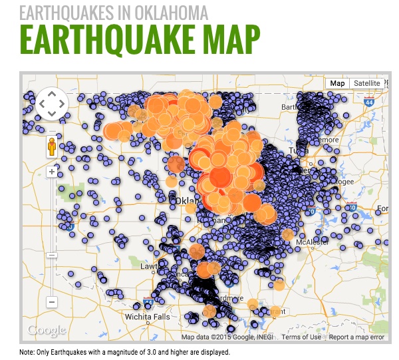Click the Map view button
(x=338, y=83)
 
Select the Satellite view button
(x=367, y=83)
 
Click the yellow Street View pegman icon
(x=51, y=148)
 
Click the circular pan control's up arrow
(x=52, y=94)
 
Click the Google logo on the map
(x=47, y=330)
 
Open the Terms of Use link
(x=301, y=337)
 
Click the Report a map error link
(x=357, y=337)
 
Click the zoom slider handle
(x=52, y=256)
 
